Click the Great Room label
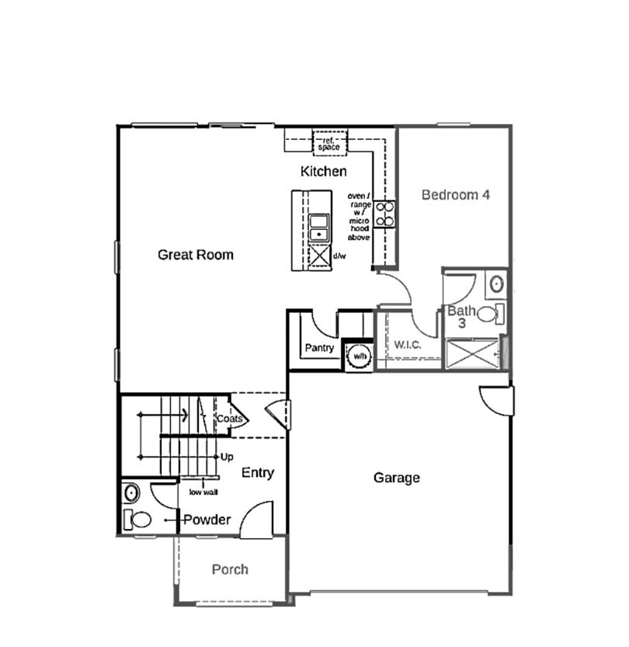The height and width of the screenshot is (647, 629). point(195,255)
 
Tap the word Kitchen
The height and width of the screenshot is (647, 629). point(324,171)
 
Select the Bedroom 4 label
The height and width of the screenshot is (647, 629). point(455,195)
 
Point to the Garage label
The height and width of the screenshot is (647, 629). point(396,478)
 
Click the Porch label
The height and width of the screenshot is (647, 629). point(231,569)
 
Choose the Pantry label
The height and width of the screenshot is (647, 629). point(319,348)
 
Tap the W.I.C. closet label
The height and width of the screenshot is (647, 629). point(408,344)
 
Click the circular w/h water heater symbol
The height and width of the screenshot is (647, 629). point(359,355)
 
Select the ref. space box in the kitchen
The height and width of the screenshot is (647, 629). point(329,143)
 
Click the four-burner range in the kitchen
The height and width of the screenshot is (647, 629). point(384,214)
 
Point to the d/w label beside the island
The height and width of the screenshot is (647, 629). point(339,256)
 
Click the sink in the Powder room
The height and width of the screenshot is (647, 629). point(131,492)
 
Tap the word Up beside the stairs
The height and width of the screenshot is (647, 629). point(227,457)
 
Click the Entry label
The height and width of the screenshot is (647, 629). point(258,472)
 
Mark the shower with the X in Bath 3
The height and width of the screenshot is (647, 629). point(472,353)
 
